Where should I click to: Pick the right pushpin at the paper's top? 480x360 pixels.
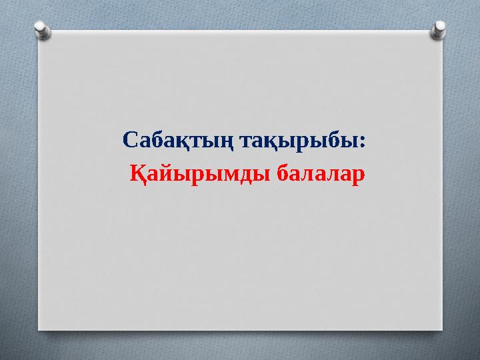[440, 28]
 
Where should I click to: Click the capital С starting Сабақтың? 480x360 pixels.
[130, 141]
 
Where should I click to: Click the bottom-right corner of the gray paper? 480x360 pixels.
[442, 329]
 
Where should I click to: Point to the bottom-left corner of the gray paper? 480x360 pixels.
[37, 329]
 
